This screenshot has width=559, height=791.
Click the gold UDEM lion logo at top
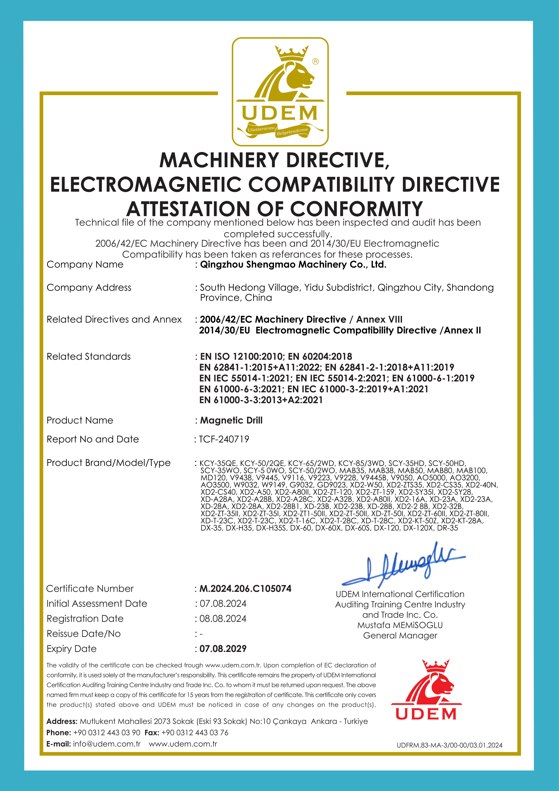coord(280,91)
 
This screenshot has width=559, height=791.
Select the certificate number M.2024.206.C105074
coord(245,588)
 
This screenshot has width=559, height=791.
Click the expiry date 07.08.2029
coord(223,649)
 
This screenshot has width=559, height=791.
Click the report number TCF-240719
coord(224,439)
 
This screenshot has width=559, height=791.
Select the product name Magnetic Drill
coord(231,420)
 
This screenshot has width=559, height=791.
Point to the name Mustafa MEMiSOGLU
coord(400,625)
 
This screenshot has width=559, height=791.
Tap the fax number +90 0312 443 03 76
coord(195,732)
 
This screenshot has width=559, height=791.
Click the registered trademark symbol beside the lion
coord(315,61)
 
